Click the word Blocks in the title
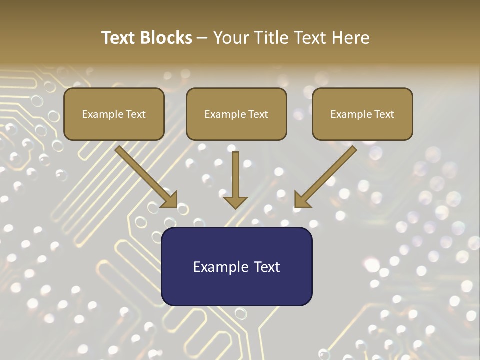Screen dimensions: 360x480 tap(167, 38)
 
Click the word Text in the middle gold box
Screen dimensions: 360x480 tap(258, 114)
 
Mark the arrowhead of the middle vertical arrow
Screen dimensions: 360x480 tap(235, 202)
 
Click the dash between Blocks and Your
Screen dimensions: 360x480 tap(202, 38)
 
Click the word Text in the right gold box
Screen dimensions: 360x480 tap(384, 114)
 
